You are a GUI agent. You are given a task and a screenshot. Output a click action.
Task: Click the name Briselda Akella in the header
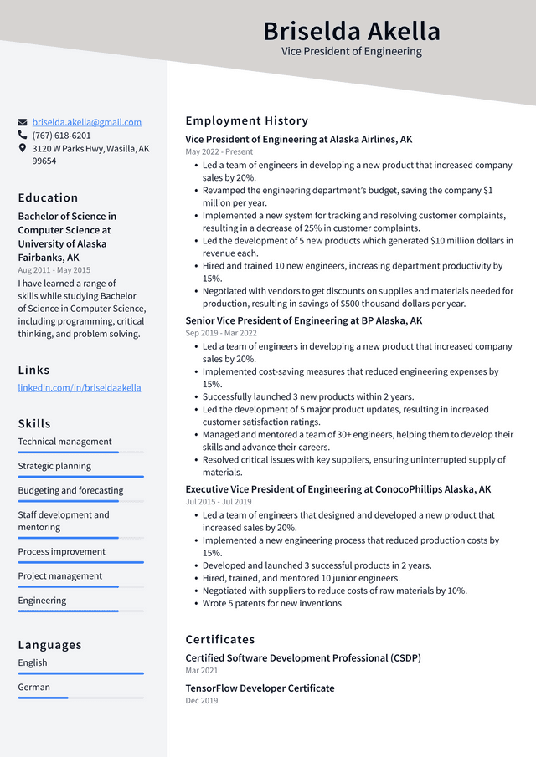point(351,31)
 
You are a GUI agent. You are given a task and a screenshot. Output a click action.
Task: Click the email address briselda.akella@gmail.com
point(86,122)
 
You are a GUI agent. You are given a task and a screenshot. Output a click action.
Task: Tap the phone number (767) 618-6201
point(61,136)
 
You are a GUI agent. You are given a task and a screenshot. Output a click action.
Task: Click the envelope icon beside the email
point(23,122)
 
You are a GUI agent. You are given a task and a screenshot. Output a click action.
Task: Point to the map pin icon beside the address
point(23,148)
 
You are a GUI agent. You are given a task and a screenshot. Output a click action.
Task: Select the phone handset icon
point(23,136)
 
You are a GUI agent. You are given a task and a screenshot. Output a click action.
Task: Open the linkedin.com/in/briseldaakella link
point(80,388)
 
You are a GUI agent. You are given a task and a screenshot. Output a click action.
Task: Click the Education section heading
point(48,198)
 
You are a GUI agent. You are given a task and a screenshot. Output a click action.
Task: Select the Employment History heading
point(246,121)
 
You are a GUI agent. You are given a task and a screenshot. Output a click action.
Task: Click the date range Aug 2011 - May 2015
point(54,270)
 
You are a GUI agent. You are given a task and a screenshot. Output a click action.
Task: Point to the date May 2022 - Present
point(219,152)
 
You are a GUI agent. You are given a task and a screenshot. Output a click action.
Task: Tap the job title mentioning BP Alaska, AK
point(303,320)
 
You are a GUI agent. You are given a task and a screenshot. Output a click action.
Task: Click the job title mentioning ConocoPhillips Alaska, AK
point(338,489)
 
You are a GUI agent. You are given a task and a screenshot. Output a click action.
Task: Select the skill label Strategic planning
point(54,466)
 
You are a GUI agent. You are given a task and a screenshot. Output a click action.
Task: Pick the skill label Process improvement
point(61,552)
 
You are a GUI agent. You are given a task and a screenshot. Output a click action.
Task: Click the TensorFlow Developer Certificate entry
point(260,688)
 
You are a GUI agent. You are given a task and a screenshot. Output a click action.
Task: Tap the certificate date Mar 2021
point(201,671)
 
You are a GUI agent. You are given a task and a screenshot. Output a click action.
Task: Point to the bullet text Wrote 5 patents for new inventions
point(273,603)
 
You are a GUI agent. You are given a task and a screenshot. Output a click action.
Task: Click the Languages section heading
point(49,645)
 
